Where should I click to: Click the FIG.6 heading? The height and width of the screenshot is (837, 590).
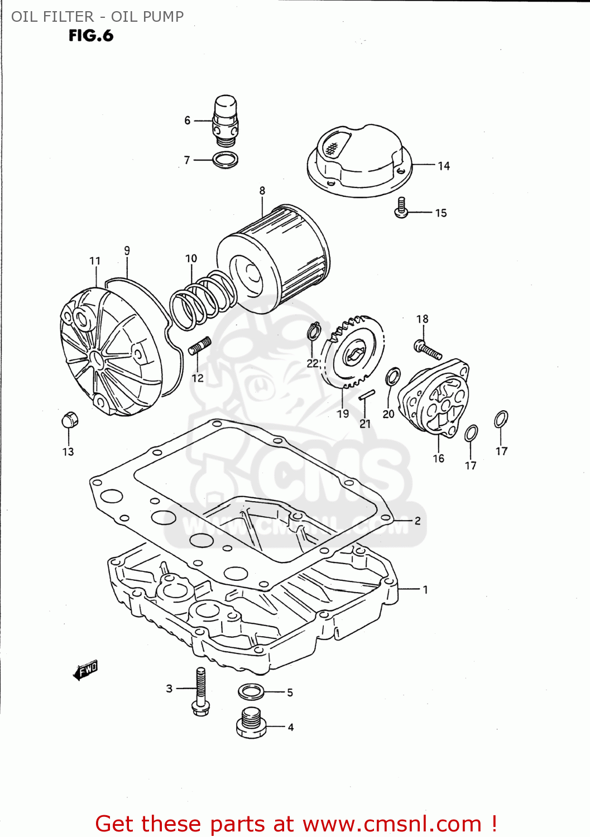91,36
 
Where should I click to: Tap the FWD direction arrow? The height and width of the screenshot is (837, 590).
85,670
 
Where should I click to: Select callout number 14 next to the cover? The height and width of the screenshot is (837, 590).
443,166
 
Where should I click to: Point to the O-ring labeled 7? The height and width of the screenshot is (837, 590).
226,160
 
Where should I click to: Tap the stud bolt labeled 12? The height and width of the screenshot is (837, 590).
200,346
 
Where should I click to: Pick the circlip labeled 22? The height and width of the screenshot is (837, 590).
314,331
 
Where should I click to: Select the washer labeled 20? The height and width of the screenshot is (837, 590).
393,377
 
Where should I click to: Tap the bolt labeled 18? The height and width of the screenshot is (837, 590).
428,349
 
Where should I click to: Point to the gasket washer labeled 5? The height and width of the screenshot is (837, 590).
251,692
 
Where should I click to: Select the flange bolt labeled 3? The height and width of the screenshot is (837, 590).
200,692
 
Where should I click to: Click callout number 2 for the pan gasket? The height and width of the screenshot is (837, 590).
418,521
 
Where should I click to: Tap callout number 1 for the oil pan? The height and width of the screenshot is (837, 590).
425,589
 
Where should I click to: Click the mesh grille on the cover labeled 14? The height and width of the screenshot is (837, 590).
333,148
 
